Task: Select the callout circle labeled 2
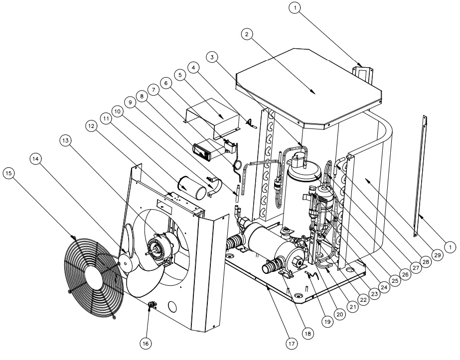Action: tap(247, 34)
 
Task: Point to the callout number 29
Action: tap(437, 255)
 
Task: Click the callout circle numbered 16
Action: tap(146, 344)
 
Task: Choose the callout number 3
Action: tap(213, 58)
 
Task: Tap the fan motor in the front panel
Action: tap(159, 247)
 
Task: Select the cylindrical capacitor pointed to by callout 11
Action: tap(193, 186)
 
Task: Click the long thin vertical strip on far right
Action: tap(420, 174)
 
